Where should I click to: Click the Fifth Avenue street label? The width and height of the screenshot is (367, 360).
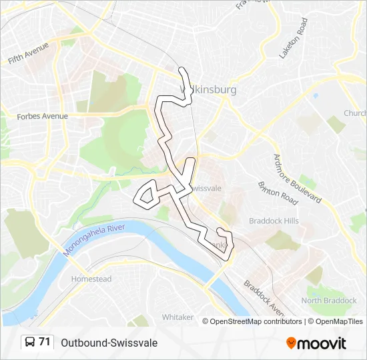coord(29,53)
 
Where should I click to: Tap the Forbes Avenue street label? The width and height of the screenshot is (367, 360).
coord(43,116)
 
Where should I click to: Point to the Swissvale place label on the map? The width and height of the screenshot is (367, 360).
coord(207,189)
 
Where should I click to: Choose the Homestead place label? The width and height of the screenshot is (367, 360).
coord(91,279)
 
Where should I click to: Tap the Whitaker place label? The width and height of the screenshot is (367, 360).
coord(177,317)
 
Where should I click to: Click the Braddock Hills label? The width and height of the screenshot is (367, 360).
coord(273,221)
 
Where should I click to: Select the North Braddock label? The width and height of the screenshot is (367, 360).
coord(329,301)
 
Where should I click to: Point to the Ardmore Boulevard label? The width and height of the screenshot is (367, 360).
coord(297,179)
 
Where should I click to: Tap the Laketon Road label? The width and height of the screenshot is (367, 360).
coord(294,38)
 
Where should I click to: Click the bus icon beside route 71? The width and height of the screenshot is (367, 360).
coord(30,343)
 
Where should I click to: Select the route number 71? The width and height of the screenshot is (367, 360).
coord(45,342)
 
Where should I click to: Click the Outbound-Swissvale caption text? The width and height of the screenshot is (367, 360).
coord(109,343)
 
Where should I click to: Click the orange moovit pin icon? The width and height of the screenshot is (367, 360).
coord(292,343)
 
